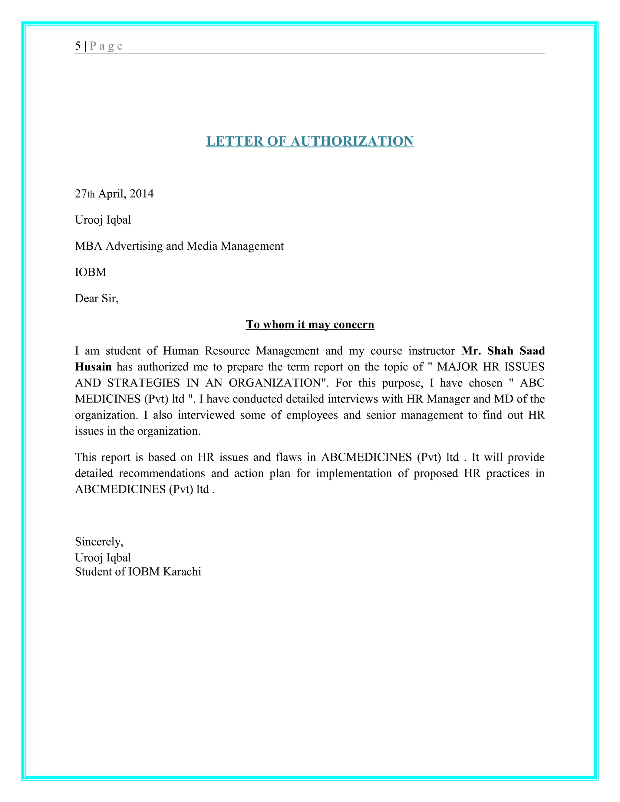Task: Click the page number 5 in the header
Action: click(78, 46)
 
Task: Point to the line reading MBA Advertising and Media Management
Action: click(179, 246)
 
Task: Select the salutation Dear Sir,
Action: click(97, 298)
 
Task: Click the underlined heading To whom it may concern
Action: click(310, 324)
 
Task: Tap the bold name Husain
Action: click(93, 367)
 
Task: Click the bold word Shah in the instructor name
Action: click(500, 351)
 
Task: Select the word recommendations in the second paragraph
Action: click(162, 473)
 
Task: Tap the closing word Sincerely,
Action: click(99, 542)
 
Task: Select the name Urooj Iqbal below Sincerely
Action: click(103, 557)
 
